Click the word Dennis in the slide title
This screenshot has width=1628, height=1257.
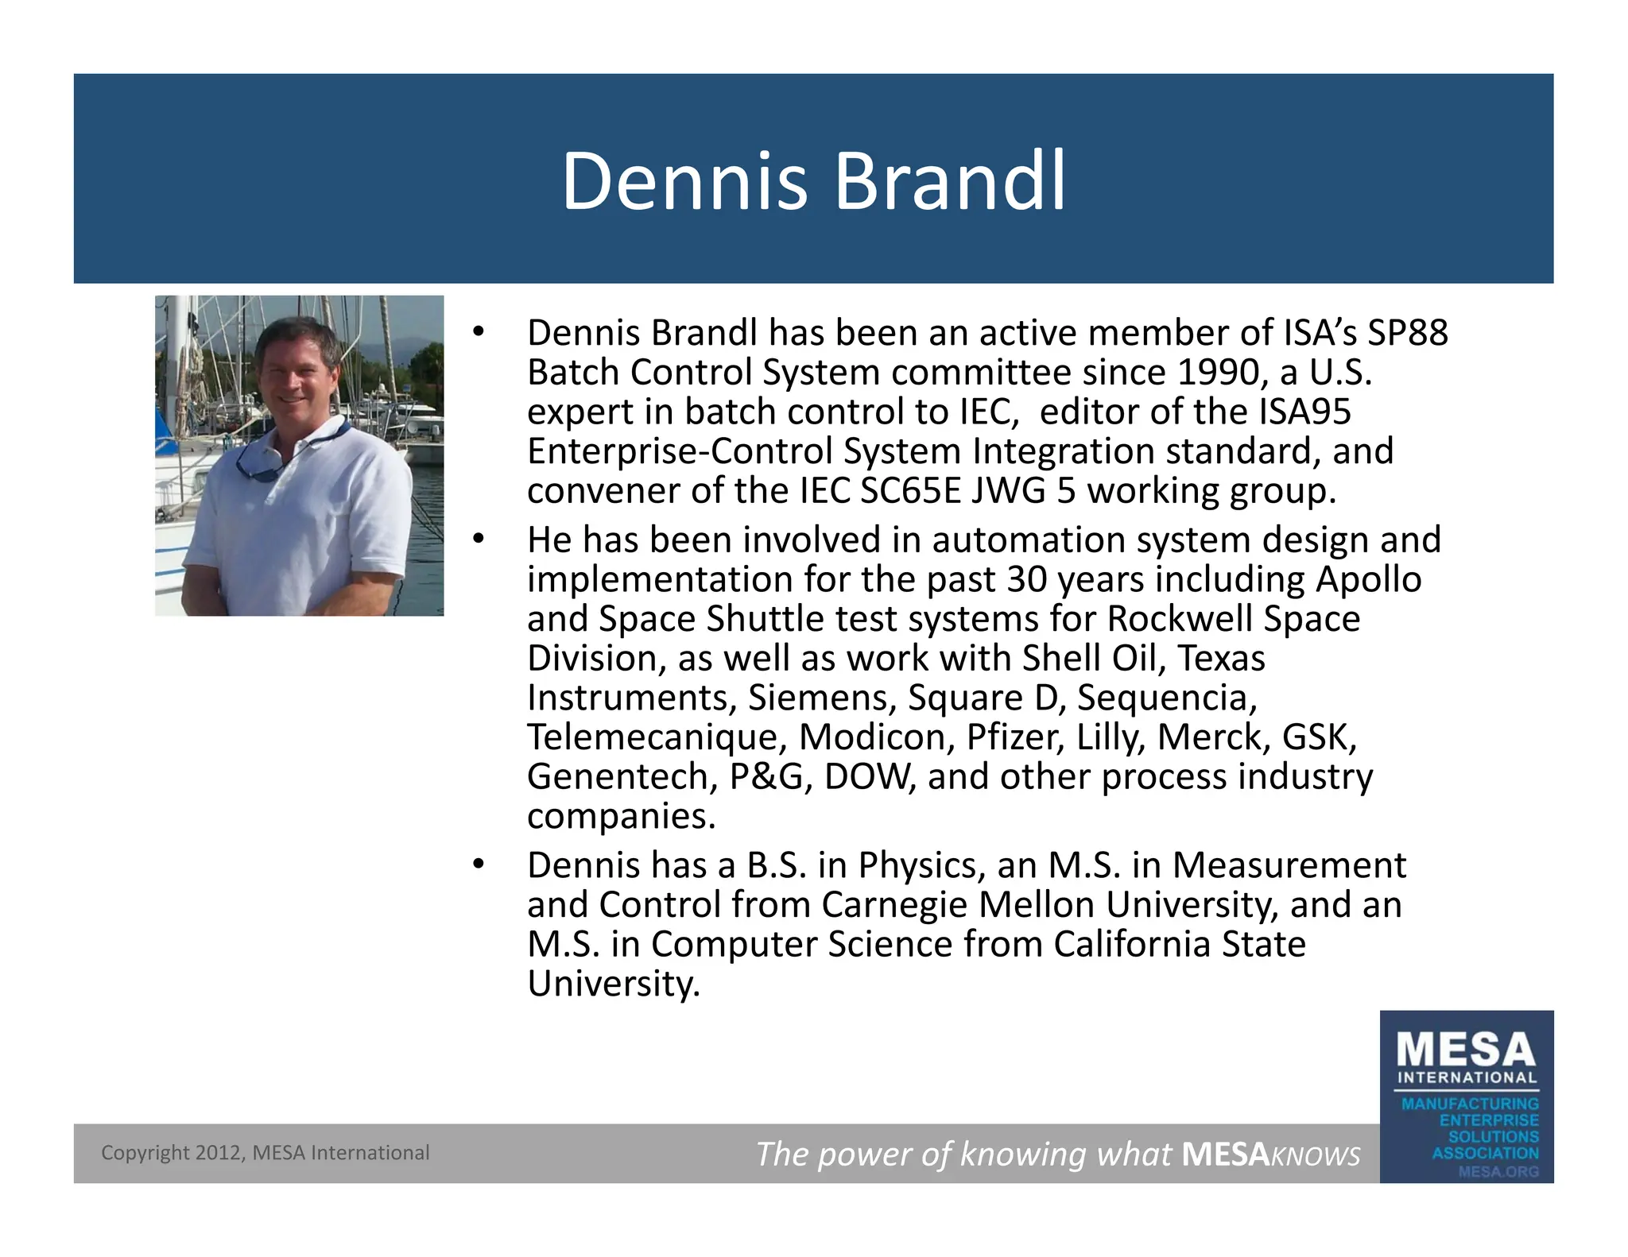[684, 182]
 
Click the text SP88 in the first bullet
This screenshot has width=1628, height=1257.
[1407, 333]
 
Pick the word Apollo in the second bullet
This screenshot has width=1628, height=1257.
[1368, 579]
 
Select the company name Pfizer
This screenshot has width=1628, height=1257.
[1015, 737]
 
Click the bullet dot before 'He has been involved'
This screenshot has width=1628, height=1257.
[478, 540]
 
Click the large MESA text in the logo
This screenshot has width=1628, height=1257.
[1466, 1050]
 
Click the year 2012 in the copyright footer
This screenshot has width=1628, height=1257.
[218, 1153]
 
